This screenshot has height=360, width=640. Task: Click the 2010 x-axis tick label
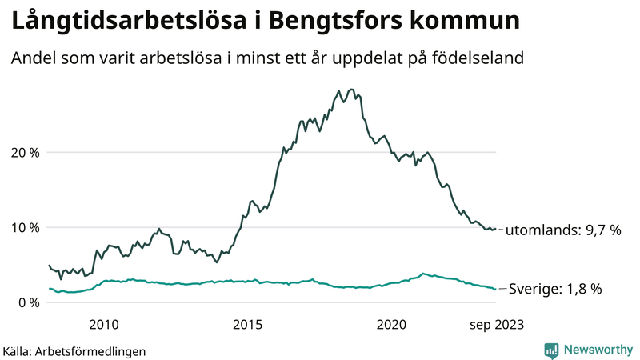[x=104, y=324]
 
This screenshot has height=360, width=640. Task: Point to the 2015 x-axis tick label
[x=248, y=324]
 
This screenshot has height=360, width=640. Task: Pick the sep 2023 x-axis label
[x=496, y=324]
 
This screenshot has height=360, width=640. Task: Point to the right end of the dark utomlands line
[x=496, y=229]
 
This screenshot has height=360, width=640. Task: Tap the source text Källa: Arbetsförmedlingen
[x=74, y=350]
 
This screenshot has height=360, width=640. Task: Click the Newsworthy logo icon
[x=551, y=350]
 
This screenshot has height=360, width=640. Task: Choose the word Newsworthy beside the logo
[x=596, y=350]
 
